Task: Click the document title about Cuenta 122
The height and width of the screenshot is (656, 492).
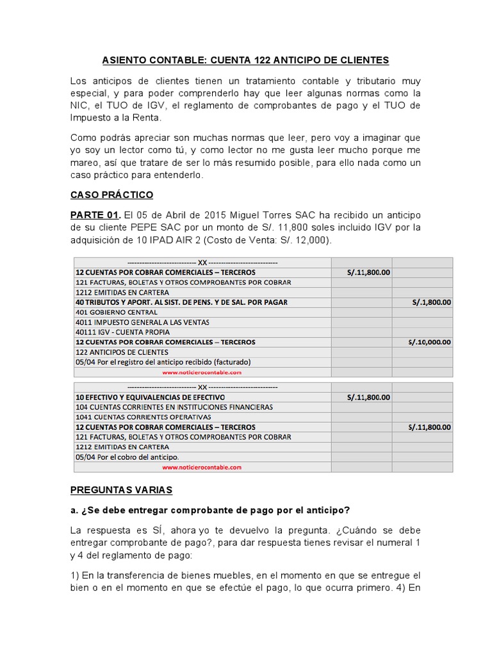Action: (x=245, y=60)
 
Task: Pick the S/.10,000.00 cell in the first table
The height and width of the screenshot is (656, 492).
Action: (x=429, y=342)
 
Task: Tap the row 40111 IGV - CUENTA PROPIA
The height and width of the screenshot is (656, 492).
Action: (x=122, y=332)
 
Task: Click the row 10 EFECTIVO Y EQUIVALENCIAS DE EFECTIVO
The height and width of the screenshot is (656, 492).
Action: (x=150, y=397)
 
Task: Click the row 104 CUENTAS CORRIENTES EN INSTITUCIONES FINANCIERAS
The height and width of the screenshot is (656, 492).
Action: (x=174, y=407)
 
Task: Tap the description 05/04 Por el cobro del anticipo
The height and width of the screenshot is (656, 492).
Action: (x=127, y=457)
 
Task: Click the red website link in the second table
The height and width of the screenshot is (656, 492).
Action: (x=202, y=467)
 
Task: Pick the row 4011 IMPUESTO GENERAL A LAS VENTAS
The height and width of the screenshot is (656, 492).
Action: (x=142, y=322)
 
